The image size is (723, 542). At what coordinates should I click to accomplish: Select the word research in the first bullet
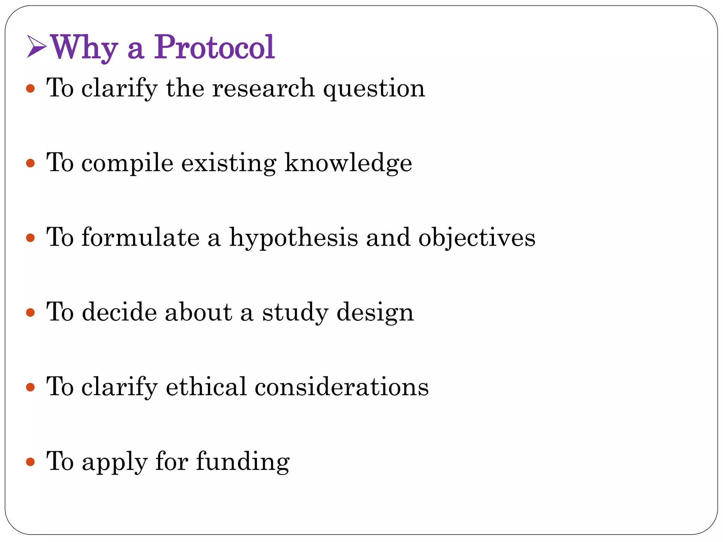[263, 88]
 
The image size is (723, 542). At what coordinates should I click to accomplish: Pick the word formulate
[141, 237]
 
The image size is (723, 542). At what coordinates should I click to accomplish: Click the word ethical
[206, 386]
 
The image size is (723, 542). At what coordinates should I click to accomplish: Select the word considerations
[342, 386]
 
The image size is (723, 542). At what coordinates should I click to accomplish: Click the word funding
[243, 462]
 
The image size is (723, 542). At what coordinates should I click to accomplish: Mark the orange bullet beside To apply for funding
[31, 462]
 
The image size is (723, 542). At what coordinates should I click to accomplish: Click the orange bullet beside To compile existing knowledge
[31, 163]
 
